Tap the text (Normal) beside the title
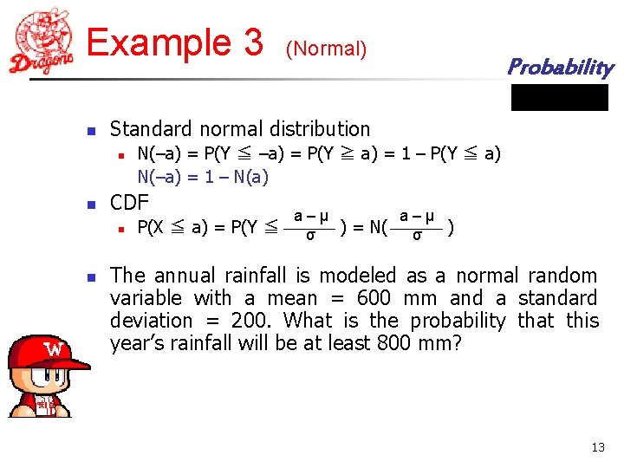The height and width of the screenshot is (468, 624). click(326, 49)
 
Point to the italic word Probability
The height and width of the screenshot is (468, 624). click(559, 67)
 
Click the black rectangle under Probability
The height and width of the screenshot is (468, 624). click(559, 97)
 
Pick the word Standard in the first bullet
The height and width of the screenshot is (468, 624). click(147, 129)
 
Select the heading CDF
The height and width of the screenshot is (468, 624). click(130, 205)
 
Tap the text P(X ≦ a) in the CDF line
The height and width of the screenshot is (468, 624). click(172, 228)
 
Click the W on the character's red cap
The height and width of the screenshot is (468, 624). click(53, 350)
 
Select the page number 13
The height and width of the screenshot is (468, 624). click(597, 447)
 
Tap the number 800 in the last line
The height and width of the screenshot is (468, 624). click(394, 343)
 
